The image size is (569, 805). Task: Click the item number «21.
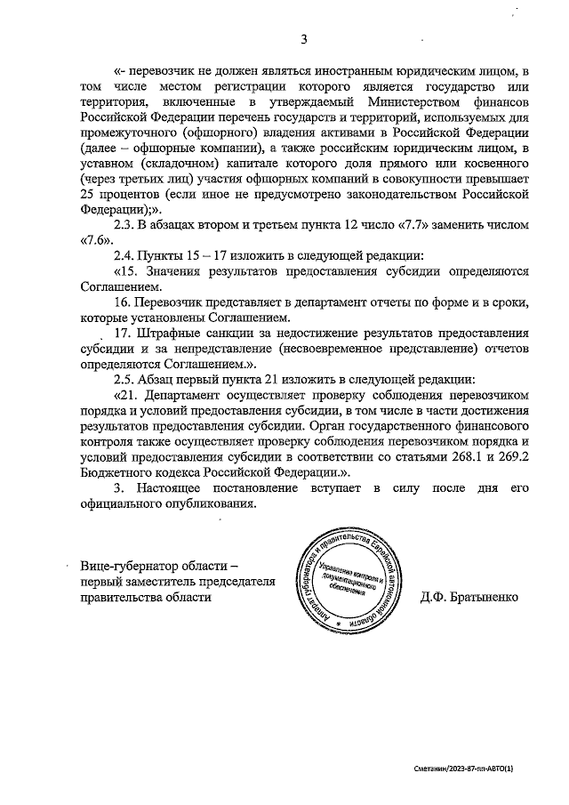click(127, 394)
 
